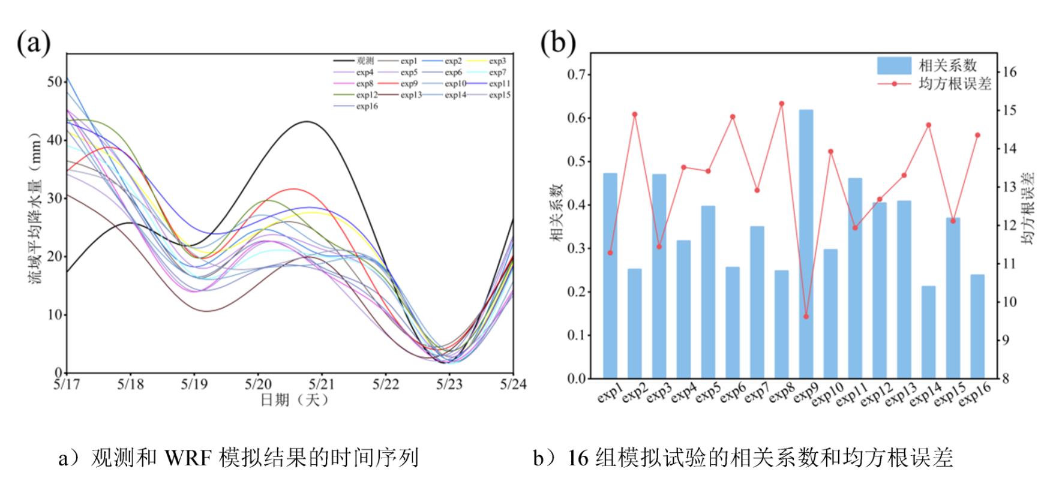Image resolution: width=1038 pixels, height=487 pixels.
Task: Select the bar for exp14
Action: pyautogui.click(x=928, y=332)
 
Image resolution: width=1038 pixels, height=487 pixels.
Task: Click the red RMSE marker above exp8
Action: pyautogui.click(x=781, y=104)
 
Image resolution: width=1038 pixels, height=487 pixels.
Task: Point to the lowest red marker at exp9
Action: pyautogui.click(x=806, y=316)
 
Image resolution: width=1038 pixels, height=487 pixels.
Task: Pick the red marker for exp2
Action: pyautogui.click(x=635, y=114)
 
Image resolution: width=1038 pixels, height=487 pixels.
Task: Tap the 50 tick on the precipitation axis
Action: pyautogui.click(x=55, y=82)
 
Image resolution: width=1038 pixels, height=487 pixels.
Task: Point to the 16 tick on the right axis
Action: pyautogui.click(x=1010, y=72)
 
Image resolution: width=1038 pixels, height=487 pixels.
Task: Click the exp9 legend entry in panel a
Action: pyautogui.click(x=409, y=83)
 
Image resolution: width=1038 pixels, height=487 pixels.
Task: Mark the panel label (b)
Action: pyautogui.click(x=558, y=42)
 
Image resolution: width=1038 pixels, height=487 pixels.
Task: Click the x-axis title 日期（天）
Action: pyautogui.click(x=294, y=400)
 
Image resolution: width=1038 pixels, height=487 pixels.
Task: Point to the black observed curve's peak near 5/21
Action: pyautogui.click(x=307, y=121)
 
